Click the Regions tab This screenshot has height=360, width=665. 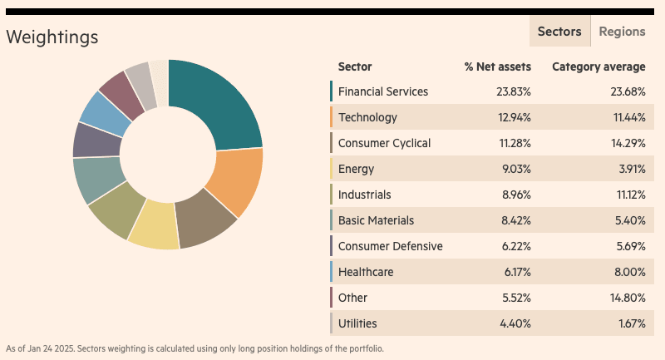(x=622, y=32)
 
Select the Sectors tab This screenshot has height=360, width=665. (x=559, y=32)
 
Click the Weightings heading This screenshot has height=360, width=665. (x=52, y=37)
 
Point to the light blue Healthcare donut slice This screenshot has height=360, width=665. (x=104, y=112)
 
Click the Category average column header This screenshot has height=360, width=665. (x=598, y=67)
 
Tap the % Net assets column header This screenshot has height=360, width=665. (x=497, y=67)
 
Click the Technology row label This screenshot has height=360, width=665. (x=367, y=117)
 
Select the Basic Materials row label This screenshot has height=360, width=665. (x=376, y=220)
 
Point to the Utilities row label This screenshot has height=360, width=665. (x=357, y=323)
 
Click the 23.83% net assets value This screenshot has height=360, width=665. (x=514, y=91)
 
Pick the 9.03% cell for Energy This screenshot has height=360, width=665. (x=516, y=169)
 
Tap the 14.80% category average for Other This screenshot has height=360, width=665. (x=628, y=298)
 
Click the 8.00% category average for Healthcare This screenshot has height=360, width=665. (x=630, y=272)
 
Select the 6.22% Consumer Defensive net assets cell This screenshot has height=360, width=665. (x=516, y=246)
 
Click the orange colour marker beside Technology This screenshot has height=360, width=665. (x=331, y=117)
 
